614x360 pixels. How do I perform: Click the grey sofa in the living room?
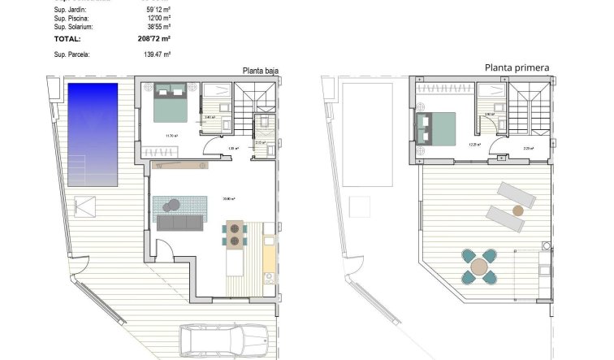181,223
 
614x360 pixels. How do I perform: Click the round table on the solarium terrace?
480,266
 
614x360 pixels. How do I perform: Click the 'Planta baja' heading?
260,71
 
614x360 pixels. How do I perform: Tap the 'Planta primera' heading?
517,67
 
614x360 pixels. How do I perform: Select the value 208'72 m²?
153,38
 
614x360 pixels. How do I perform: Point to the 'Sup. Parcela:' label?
72,54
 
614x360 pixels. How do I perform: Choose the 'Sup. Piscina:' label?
72,17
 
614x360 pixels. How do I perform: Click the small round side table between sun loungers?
517,210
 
